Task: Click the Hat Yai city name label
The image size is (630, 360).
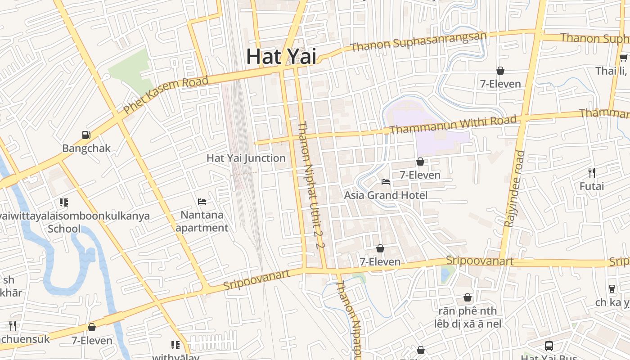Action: coord(281,57)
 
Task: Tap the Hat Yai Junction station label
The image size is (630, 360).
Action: coord(246,158)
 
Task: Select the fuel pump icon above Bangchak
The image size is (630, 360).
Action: coord(86,135)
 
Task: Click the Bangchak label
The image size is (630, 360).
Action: coord(86,148)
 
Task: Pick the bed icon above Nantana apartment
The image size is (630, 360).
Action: coord(202,201)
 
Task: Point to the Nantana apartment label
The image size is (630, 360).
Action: coord(202,221)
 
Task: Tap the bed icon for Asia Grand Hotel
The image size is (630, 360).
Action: coord(386,182)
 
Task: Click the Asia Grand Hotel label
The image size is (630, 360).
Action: coord(386,195)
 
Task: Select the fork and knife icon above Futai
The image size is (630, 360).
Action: coord(592,172)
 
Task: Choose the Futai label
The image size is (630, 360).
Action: coord(592,186)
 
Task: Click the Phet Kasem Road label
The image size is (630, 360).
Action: coord(166,95)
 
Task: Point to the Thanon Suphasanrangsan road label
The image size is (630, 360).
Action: coord(419,41)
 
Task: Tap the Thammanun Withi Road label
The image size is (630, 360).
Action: coord(453,125)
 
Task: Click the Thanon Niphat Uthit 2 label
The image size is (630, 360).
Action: coord(310,184)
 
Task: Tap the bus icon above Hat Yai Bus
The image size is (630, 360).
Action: coord(549,346)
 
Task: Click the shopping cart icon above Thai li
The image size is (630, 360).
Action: coord(624,57)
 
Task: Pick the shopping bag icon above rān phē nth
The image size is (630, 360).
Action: coord(468,297)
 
